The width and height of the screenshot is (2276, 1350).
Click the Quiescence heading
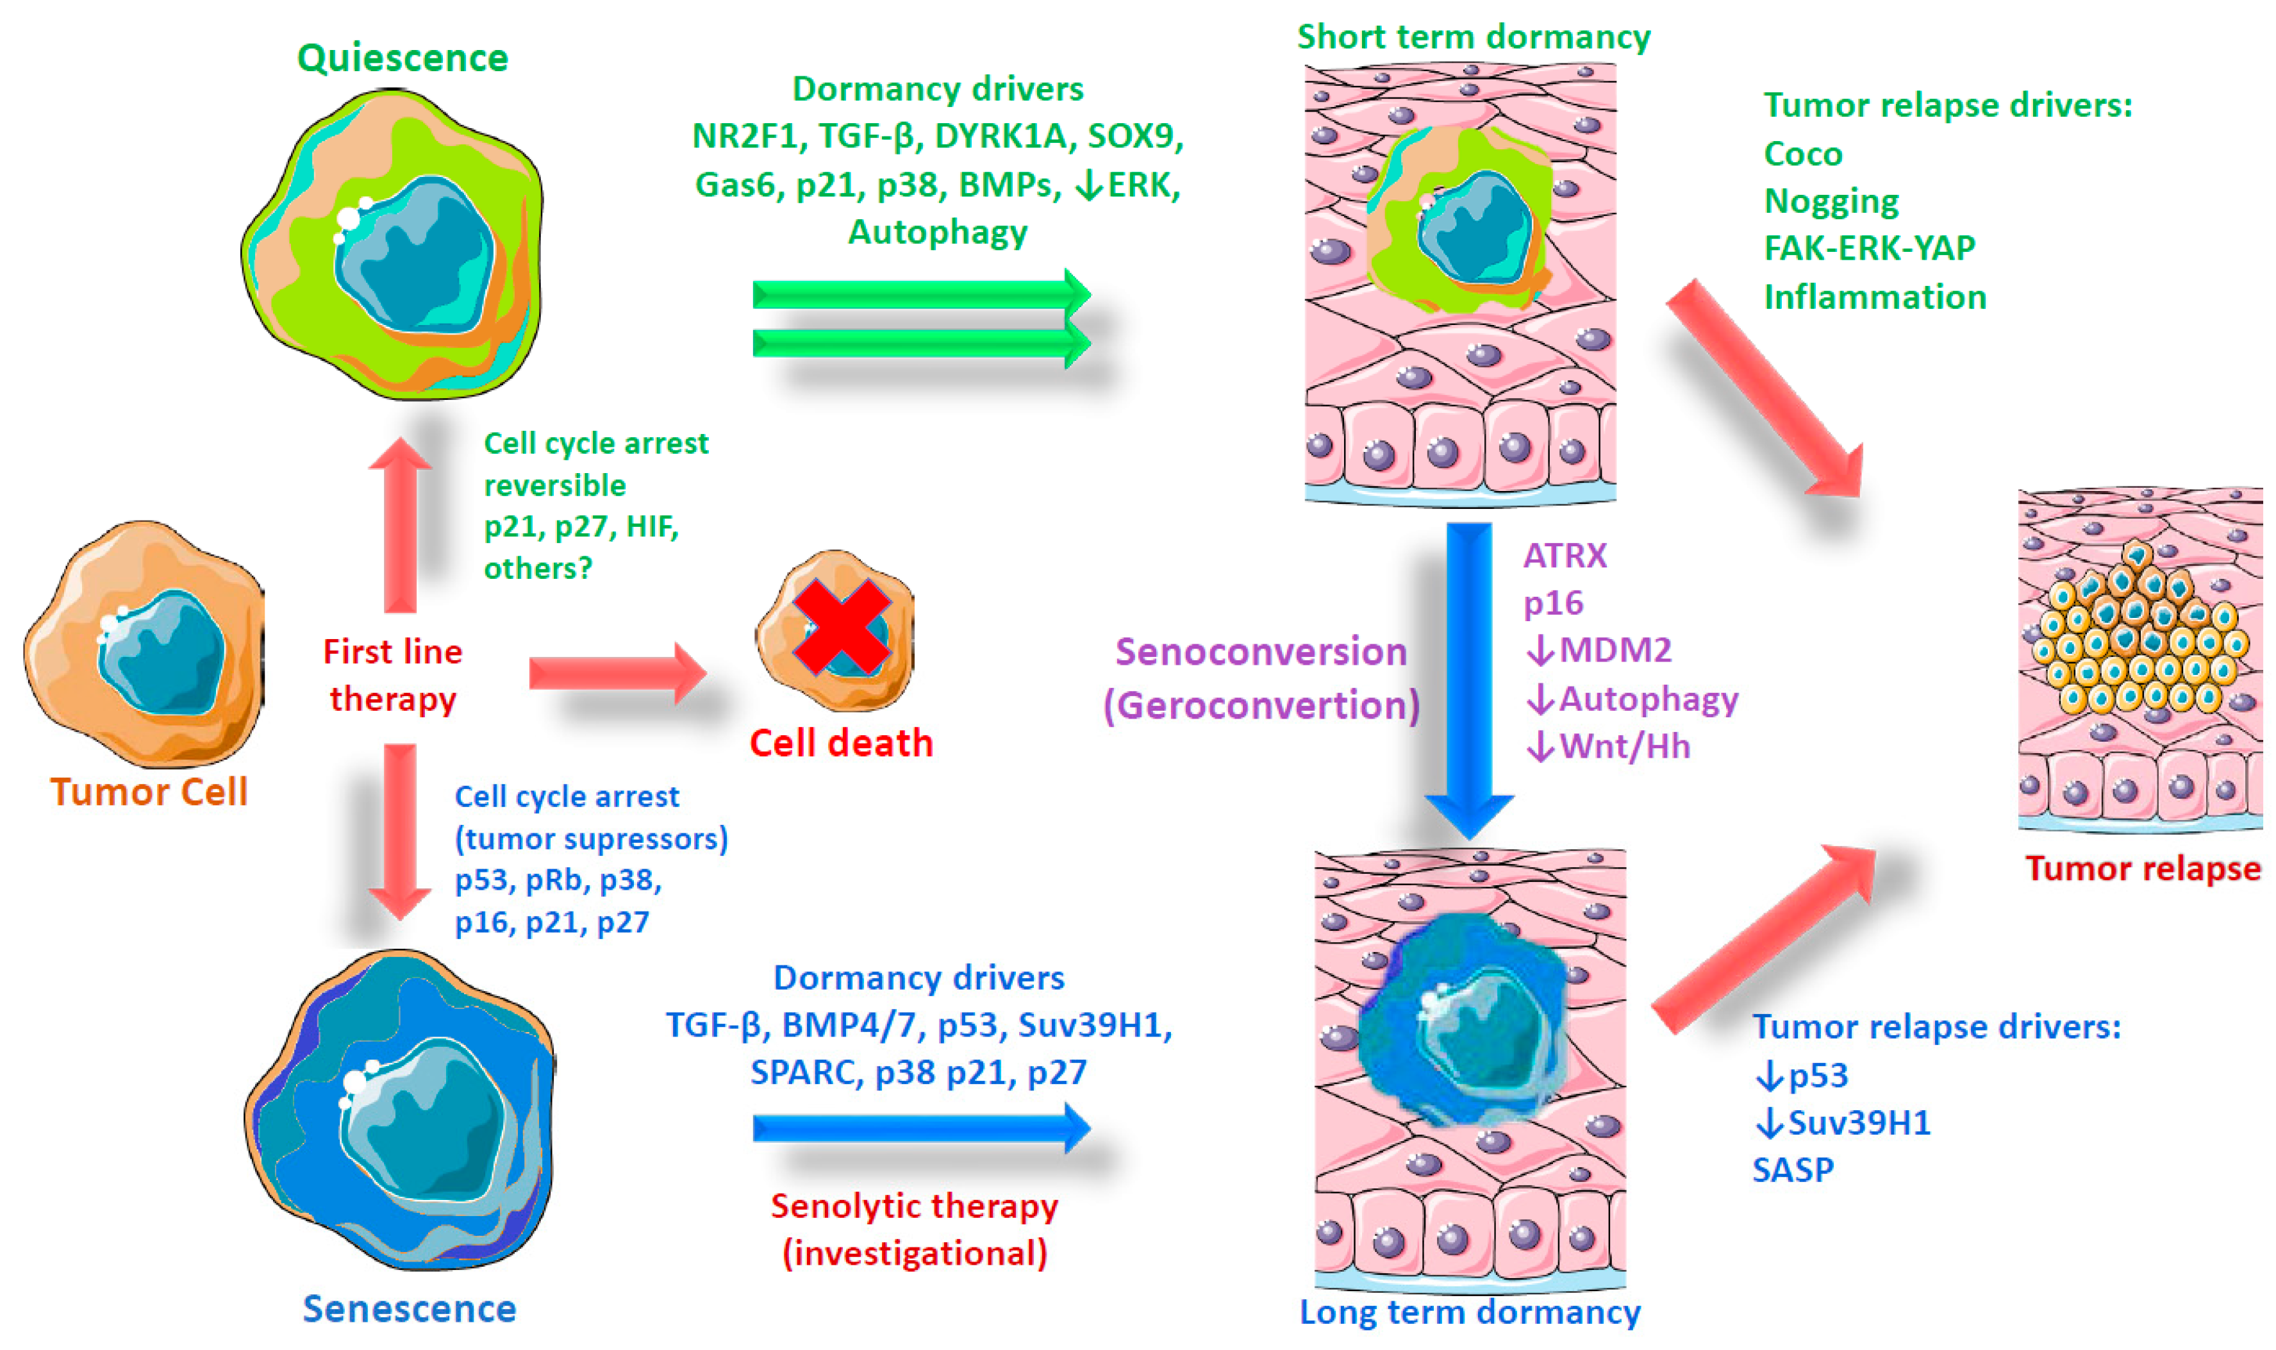click(x=402, y=58)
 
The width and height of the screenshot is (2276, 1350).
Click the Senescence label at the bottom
click(x=409, y=1308)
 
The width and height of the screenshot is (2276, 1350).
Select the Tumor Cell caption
click(x=148, y=792)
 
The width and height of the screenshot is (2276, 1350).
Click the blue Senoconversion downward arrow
click(x=1468, y=673)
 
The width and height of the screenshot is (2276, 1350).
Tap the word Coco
click(x=1802, y=154)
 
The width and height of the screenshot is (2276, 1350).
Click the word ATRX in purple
click(x=1564, y=555)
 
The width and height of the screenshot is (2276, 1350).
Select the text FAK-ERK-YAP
click(x=1868, y=247)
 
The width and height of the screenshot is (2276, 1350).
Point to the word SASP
click(x=1792, y=1169)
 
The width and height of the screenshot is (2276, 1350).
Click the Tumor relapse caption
click(x=2142, y=868)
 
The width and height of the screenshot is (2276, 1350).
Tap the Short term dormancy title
click(x=1473, y=37)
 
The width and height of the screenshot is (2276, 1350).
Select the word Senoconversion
click(x=1260, y=651)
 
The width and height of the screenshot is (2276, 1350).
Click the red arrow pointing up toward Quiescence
click(x=400, y=528)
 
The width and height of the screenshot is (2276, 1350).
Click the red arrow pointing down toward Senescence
click(x=400, y=828)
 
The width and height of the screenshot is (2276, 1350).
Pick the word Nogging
click(x=1831, y=201)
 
